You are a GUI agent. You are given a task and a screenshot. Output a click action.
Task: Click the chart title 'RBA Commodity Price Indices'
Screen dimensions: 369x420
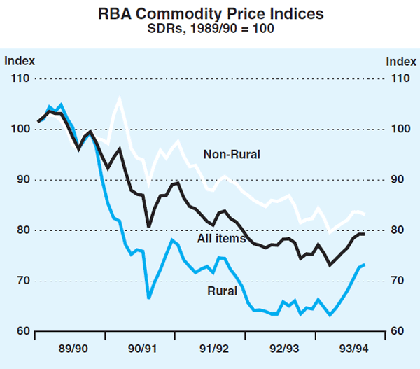[209, 13]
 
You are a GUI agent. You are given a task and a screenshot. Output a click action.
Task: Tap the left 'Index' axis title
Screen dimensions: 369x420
[20, 61]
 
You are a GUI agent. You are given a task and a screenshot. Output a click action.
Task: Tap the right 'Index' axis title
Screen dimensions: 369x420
[400, 61]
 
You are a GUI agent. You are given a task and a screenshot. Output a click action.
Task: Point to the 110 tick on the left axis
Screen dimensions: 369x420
[20, 78]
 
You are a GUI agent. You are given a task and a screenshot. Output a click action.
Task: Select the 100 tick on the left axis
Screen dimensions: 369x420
[20, 129]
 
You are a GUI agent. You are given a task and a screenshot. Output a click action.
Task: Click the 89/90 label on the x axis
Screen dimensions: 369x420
[72, 348]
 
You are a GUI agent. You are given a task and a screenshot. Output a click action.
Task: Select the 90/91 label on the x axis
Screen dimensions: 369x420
[143, 348]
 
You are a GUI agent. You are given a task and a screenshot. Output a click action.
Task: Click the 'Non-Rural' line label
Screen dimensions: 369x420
[232, 154]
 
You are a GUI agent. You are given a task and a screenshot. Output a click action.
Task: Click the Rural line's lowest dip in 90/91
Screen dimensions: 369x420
[148, 298]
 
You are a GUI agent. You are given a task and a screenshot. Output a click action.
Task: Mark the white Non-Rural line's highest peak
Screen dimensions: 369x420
[119, 99]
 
